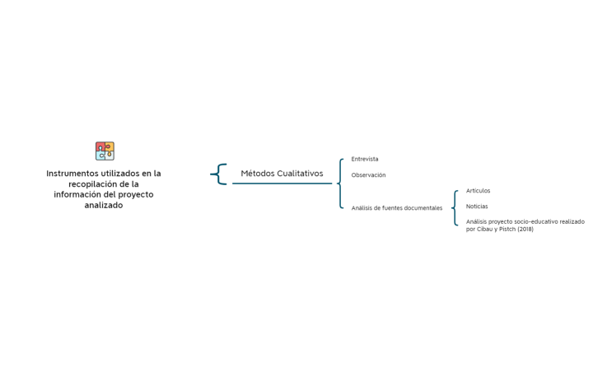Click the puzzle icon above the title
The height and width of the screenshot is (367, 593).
[x=105, y=151]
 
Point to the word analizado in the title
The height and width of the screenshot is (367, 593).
[x=104, y=206]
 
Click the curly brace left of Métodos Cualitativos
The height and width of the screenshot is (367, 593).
[x=220, y=174]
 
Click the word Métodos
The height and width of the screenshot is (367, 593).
[x=257, y=174]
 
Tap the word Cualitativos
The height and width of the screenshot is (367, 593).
[x=300, y=174]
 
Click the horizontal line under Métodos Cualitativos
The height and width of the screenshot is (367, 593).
[x=282, y=183]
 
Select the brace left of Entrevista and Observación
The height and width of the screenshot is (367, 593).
[x=341, y=183]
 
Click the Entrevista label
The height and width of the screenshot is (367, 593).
[x=365, y=159]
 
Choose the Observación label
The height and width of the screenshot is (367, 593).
[x=368, y=175]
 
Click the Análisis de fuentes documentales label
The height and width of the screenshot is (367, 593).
[x=396, y=208]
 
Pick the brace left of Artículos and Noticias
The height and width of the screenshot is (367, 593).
[x=455, y=208]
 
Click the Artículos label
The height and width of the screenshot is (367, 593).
[x=478, y=191]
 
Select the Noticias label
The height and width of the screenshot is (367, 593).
[x=477, y=207]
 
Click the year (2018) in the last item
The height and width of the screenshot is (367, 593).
[x=525, y=230]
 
